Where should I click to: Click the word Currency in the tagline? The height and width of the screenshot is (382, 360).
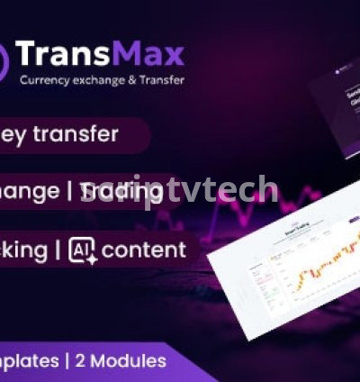tap(44, 79)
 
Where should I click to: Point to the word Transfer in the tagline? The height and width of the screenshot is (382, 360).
tap(162, 79)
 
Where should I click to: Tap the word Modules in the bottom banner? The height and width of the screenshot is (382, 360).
tap(135, 361)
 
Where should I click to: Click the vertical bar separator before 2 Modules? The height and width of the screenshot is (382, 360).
tap(81, 361)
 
